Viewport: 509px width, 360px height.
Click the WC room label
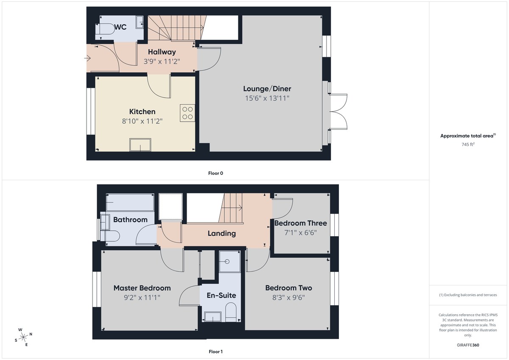click(120, 27)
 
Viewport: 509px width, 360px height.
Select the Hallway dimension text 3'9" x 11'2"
click(162, 61)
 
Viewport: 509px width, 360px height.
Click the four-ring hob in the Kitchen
click(187, 112)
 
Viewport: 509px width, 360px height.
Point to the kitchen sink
click(140, 145)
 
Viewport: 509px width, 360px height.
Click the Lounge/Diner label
click(267, 89)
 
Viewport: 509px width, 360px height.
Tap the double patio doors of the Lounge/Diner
click(338, 111)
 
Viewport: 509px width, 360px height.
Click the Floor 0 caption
click(216, 173)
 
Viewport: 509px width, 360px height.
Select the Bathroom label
click(130, 220)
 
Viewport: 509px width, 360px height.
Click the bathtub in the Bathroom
click(129, 203)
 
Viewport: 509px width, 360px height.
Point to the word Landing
click(221, 233)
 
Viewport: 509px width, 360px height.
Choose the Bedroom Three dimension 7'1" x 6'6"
click(301, 232)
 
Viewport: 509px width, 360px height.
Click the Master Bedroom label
click(142, 288)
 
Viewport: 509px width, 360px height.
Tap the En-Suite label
click(221, 295)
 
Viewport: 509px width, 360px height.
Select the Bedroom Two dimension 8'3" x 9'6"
click(288, 297)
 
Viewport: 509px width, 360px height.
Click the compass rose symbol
click(24, 337)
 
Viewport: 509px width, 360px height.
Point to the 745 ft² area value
click(468, 144)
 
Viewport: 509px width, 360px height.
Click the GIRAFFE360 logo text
click(468, 345)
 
